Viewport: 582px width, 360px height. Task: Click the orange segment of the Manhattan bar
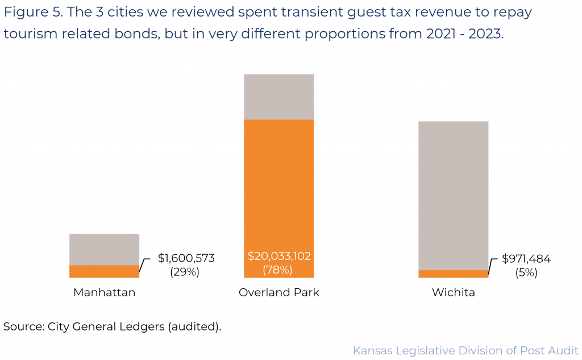(104, 271)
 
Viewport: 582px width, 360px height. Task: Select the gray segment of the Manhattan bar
(104, 249)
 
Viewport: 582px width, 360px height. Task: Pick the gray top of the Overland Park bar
(278, 97)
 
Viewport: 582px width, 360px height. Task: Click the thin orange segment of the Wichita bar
(453, 274)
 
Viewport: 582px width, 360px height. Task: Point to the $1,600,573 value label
(186, 259)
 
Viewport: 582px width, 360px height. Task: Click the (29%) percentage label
(185, 272)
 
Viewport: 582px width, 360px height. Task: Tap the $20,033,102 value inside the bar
(279, 256)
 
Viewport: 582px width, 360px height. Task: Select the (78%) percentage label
(277, 270)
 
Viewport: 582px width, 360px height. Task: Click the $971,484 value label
(526, 259)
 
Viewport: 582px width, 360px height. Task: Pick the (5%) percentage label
(526, 272)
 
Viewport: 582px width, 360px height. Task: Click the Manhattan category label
(104, 293)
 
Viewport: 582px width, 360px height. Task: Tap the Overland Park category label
(279, 293)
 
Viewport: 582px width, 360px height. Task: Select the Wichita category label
(453, 293)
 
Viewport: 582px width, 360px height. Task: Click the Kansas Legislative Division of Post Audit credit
(465, 350)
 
